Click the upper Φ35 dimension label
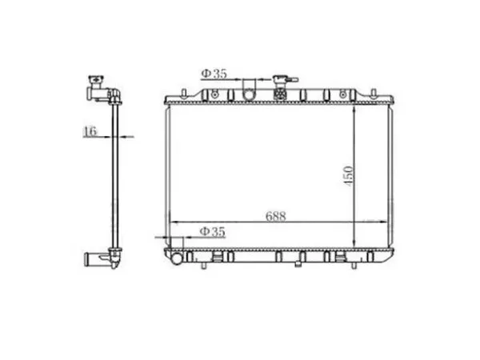(x=214, y=74)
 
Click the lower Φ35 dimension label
(x=212, y=232)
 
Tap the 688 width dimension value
(x=276, y=216)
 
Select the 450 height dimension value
(x=348, y=176)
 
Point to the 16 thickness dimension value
(x=90, y=131)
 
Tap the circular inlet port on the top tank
(x=249, y=94)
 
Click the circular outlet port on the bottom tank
(x=177, y=259)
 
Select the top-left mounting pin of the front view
(x=184, y=93)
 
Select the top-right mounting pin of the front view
(x=374, y=93)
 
